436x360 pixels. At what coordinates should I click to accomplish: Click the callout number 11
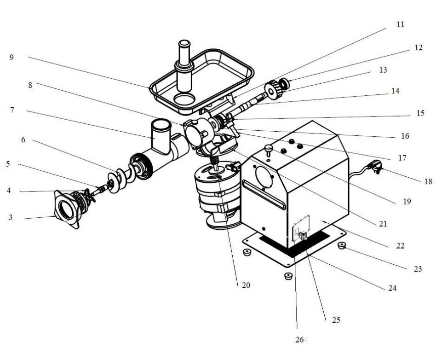[x=400, y=24]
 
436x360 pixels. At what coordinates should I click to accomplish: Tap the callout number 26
[x=299, y=340]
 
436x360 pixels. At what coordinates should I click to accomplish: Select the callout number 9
[x=11, y=58]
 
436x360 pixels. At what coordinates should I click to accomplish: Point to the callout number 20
[x=246, y=285]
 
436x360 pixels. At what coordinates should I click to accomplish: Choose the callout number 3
[x=11, y=217]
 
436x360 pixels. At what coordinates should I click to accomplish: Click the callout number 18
[x=429, y=181]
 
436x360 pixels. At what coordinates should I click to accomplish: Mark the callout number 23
[x=418, y=269]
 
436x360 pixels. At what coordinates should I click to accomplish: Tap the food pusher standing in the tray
[x=184, y=66]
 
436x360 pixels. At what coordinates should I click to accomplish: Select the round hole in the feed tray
[x=184, y=99]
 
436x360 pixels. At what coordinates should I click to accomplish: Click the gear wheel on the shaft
[x=273, y=90]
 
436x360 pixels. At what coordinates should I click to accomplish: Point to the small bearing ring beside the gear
[x=284, y=84]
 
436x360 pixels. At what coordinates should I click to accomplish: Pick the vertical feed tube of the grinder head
[x=161, y=136]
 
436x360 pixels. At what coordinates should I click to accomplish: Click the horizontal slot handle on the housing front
[x=264, y=195]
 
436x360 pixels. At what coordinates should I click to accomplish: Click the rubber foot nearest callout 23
[x=341, y=245]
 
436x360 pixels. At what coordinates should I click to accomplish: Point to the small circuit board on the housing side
[x=301, y=227]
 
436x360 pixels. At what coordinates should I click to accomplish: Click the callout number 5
[x=8, y=164]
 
